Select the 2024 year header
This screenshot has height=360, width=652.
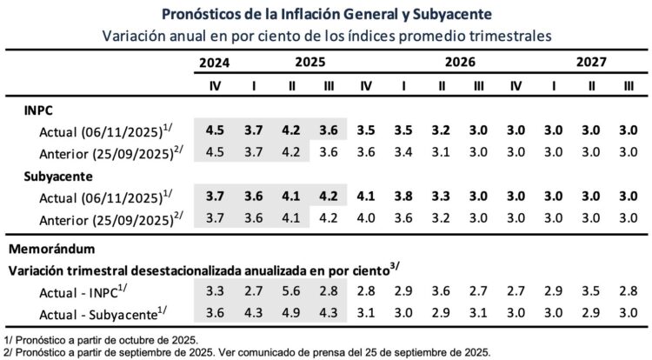point(214,63)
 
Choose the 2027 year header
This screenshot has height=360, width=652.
point(590,63)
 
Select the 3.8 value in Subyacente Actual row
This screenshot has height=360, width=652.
point(403,197)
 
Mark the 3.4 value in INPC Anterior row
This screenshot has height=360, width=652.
point(403,153)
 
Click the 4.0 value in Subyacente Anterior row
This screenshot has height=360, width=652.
point(366,217)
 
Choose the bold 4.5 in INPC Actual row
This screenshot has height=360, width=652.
point(214,131)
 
